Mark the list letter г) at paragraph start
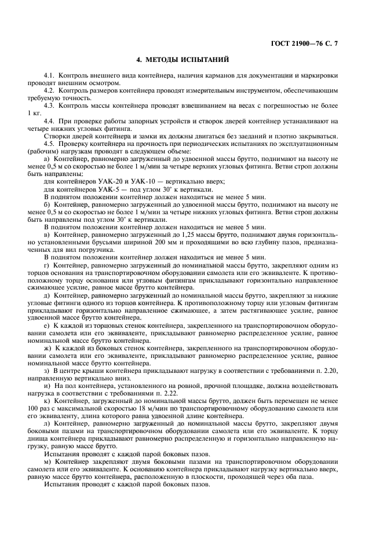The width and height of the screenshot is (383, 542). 47,265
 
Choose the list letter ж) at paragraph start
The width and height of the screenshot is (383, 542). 48,348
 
